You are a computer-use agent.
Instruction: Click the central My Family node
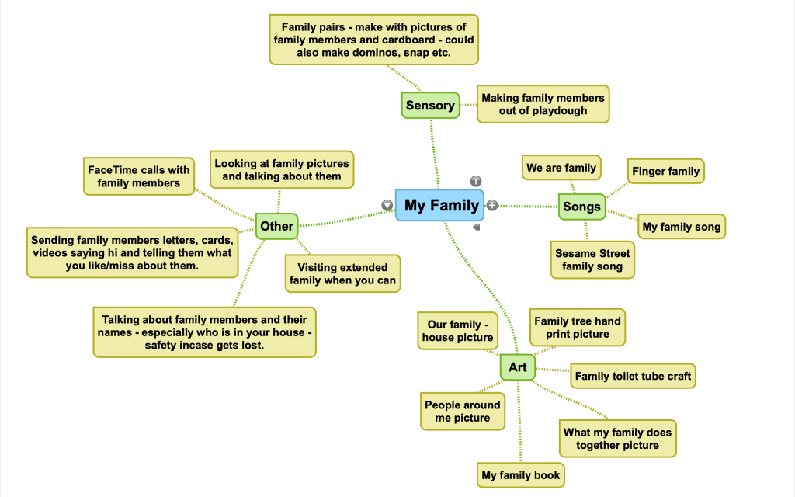(x=440, y=206)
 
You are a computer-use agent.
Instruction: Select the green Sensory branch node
(x=429, y=106)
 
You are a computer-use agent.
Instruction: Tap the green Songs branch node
(x=581, y=207)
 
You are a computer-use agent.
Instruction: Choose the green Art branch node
(x=517, y=367)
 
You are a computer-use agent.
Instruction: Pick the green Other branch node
(x=276, y=227)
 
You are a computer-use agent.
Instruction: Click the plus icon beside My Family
(x=492, y=205)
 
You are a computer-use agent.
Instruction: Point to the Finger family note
(x=665, y=172)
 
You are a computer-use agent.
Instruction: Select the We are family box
(x=561, y=168)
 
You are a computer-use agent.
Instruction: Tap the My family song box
(x=682, y=228)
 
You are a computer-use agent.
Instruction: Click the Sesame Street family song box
(x=593, y=260)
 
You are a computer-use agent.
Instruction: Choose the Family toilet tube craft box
(x=633, y=377)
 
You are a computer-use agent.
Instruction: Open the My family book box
(x=520, y=475)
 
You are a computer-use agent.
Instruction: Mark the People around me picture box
(x=462, y=412)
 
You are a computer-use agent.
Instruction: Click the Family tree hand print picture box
(x=577, y=328)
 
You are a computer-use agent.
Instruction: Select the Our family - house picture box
(x=457, y=331)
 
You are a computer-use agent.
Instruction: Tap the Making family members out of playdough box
(x=542, y=104)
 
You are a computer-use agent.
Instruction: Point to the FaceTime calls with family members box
(x=138, y=176)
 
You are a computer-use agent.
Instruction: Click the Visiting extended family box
(x=342, y=274)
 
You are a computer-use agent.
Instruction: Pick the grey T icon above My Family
(x=476, y=181)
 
